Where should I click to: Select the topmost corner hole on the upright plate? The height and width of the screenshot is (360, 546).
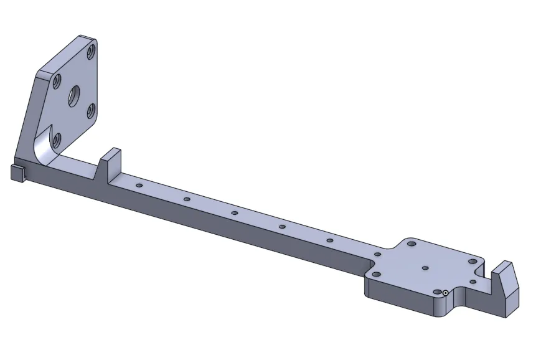92,50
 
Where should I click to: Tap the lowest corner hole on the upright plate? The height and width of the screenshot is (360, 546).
57,138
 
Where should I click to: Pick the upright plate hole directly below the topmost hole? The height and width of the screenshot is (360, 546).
90,111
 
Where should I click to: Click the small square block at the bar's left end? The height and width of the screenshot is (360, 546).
17,173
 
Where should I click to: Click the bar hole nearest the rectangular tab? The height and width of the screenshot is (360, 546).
139,186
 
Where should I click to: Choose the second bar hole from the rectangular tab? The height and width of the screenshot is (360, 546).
187,199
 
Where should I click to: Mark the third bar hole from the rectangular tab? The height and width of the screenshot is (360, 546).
235,213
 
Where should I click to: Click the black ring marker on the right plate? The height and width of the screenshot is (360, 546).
446,293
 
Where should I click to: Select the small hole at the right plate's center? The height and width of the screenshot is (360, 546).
425,268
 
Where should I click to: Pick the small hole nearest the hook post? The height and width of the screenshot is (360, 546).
473,282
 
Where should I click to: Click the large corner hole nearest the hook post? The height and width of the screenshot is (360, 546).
473,262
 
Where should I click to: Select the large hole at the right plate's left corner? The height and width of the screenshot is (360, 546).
375,273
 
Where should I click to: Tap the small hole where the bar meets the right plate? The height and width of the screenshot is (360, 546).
378,254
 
